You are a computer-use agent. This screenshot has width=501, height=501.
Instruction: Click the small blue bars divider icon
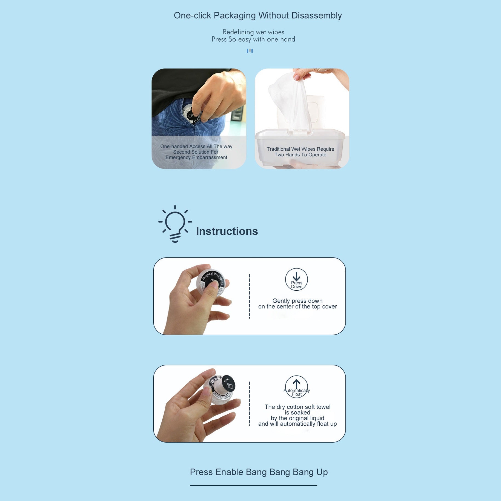[x=250, y=51]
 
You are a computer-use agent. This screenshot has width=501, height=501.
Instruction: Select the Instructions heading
[x=227, y=231]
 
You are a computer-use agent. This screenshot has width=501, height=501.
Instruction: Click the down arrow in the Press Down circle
[x=296, y=276]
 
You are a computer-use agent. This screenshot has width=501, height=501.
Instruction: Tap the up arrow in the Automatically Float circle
[x=296, y=383]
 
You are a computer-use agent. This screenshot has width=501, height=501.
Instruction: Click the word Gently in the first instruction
[x=281, y=301]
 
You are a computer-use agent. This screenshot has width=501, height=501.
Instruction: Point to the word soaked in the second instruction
[x=300, y=413]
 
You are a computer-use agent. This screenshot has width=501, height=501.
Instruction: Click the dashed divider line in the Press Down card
[x=250, y=296]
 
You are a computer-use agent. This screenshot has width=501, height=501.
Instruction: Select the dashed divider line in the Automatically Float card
[x=250, y=404]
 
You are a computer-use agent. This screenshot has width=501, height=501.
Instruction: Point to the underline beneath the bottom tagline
[x=253, y=485]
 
